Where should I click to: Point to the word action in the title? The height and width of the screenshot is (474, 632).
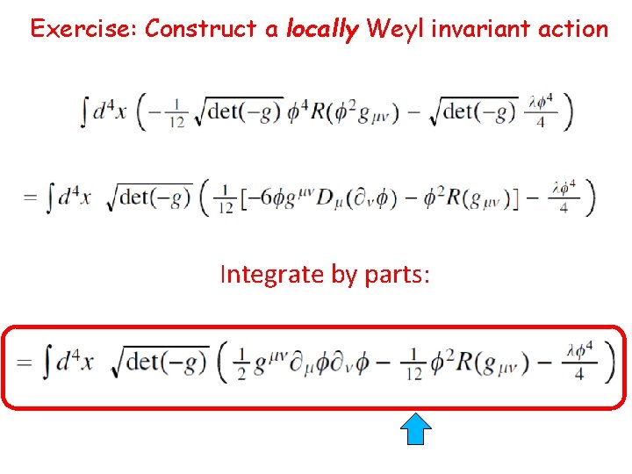[x=575, y=29]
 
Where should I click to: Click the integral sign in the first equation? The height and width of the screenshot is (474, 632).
[x=84, y=112]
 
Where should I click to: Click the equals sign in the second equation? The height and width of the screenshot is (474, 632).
[x=32, y=197]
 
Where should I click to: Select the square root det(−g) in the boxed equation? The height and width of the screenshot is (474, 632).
[x=161, y=361]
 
